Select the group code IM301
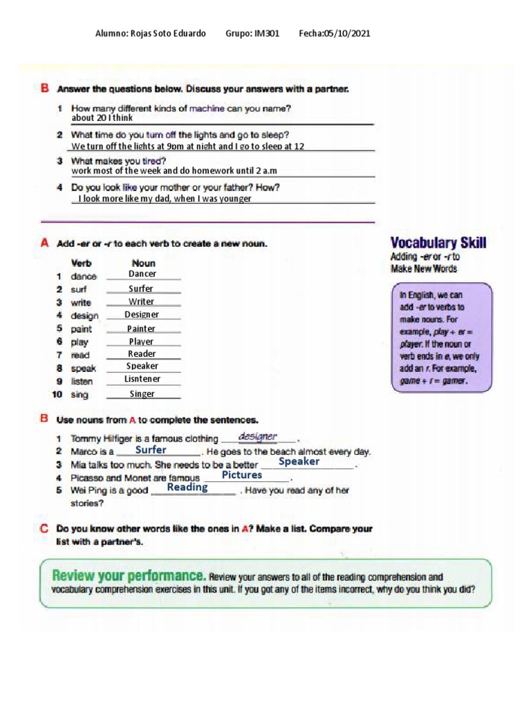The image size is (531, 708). [x=266, y=34]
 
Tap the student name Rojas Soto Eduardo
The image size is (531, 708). [x=168, y=34]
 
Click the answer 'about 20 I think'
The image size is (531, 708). [x=102, y=118]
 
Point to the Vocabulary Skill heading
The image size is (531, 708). [x=438, y=243]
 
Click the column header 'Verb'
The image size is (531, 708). [x=82, y=263]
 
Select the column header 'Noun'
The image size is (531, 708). [x=143, y=263]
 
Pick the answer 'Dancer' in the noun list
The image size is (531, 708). [x=142, y=274]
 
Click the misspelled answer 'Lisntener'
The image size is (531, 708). [x=142, y=380]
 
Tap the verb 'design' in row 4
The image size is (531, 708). [x=84, y=316]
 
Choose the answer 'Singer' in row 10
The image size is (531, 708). [x=142, y=394]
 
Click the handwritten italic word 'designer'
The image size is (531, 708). [x=257, y=436]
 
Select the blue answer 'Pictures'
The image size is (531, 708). [x=242, y=476]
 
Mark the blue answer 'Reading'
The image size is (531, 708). [x=187, y=487]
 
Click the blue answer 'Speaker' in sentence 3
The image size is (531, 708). [x=299, y=462]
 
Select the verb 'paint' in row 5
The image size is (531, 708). [x=82, y=329]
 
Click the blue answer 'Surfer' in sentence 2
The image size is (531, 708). [x=151, y=450]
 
